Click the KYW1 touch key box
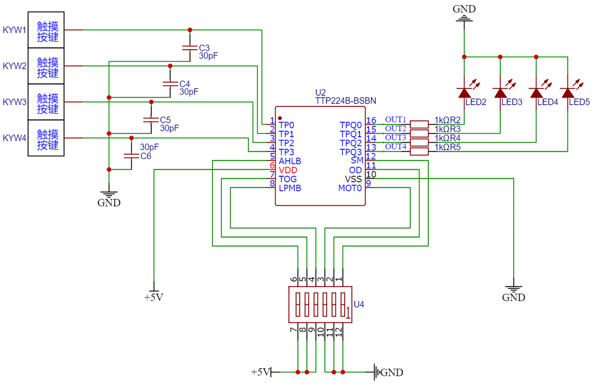point(46,30)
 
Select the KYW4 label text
point(14,138)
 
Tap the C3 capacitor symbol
point(190,48)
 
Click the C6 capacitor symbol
point(131,156)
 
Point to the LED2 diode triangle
point(464,93)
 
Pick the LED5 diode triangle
point(568,93)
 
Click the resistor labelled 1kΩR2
point(419,124)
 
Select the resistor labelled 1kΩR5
point(419,152)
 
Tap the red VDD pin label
point(288,170)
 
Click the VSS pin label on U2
point(353,179)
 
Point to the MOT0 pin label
point(350,188)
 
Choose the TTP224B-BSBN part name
point(346,101)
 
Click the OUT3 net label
point(396,138)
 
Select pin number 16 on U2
point(371,120)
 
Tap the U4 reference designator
point(359,304)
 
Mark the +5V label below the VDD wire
point(154,297)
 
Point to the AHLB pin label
point(290,161)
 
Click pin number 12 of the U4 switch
point(339,332)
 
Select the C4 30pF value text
point(189,92)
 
